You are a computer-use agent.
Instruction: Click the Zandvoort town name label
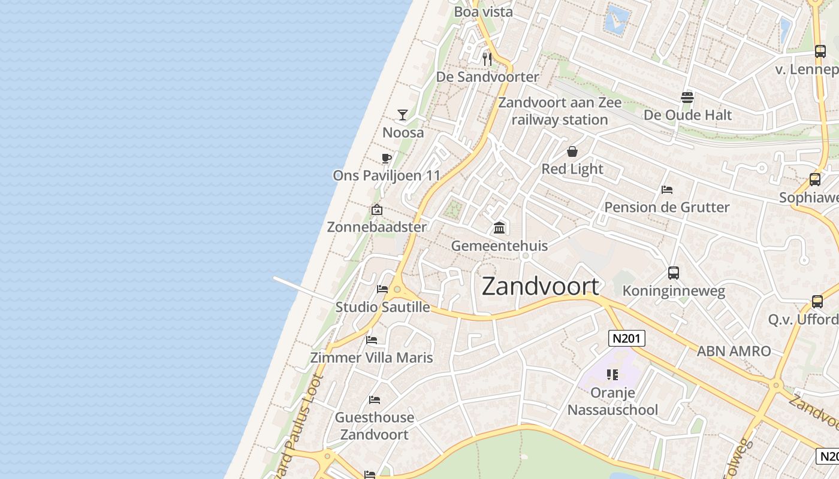pos(540,286)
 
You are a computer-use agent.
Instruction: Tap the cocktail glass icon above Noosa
pos(403,114)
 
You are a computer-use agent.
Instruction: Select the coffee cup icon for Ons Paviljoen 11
pos(387,159)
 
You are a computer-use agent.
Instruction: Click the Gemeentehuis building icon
pos(499,228)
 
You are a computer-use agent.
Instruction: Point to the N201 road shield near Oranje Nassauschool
pos(627,338)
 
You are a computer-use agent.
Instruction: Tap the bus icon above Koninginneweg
pos(674,273)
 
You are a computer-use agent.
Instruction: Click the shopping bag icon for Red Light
pos(572,151)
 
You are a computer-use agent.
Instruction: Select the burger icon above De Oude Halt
pos(687,97)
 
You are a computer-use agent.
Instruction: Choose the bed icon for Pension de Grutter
pos(667,190)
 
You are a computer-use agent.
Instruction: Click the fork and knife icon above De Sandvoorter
pos(487,59)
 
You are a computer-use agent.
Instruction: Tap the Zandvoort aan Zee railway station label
pos(560,111)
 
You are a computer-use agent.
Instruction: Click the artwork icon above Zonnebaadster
pos(377,210)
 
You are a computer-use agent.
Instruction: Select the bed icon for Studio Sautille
pos(382,289)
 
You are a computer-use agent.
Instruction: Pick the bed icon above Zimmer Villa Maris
pos(372,340)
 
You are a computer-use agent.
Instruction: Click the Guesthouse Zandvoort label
pos(375,426)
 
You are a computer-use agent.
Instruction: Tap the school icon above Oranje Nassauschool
pos(612,375)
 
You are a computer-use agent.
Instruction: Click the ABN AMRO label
pos(734,351)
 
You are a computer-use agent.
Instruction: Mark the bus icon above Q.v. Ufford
pos(817,302)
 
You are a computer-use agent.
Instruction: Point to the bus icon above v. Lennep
pos(820,51)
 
